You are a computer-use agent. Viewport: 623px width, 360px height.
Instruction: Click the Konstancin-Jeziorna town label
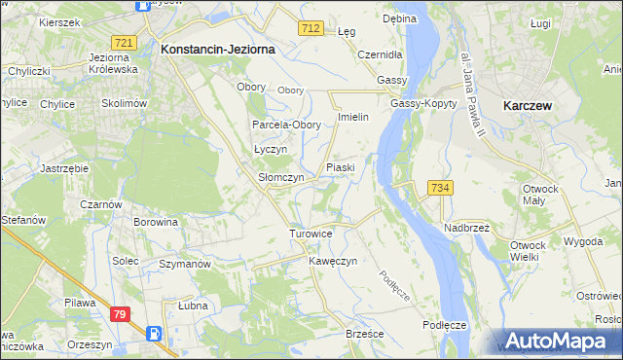218,48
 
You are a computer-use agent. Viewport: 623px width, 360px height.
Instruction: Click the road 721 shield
124,43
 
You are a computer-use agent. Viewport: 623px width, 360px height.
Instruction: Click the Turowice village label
311,234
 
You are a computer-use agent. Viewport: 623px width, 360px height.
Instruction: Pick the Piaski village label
340,167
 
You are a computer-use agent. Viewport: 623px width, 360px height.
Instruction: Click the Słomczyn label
280,178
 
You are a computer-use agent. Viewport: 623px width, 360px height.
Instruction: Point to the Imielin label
351,117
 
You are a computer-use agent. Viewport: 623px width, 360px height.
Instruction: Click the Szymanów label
185,264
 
